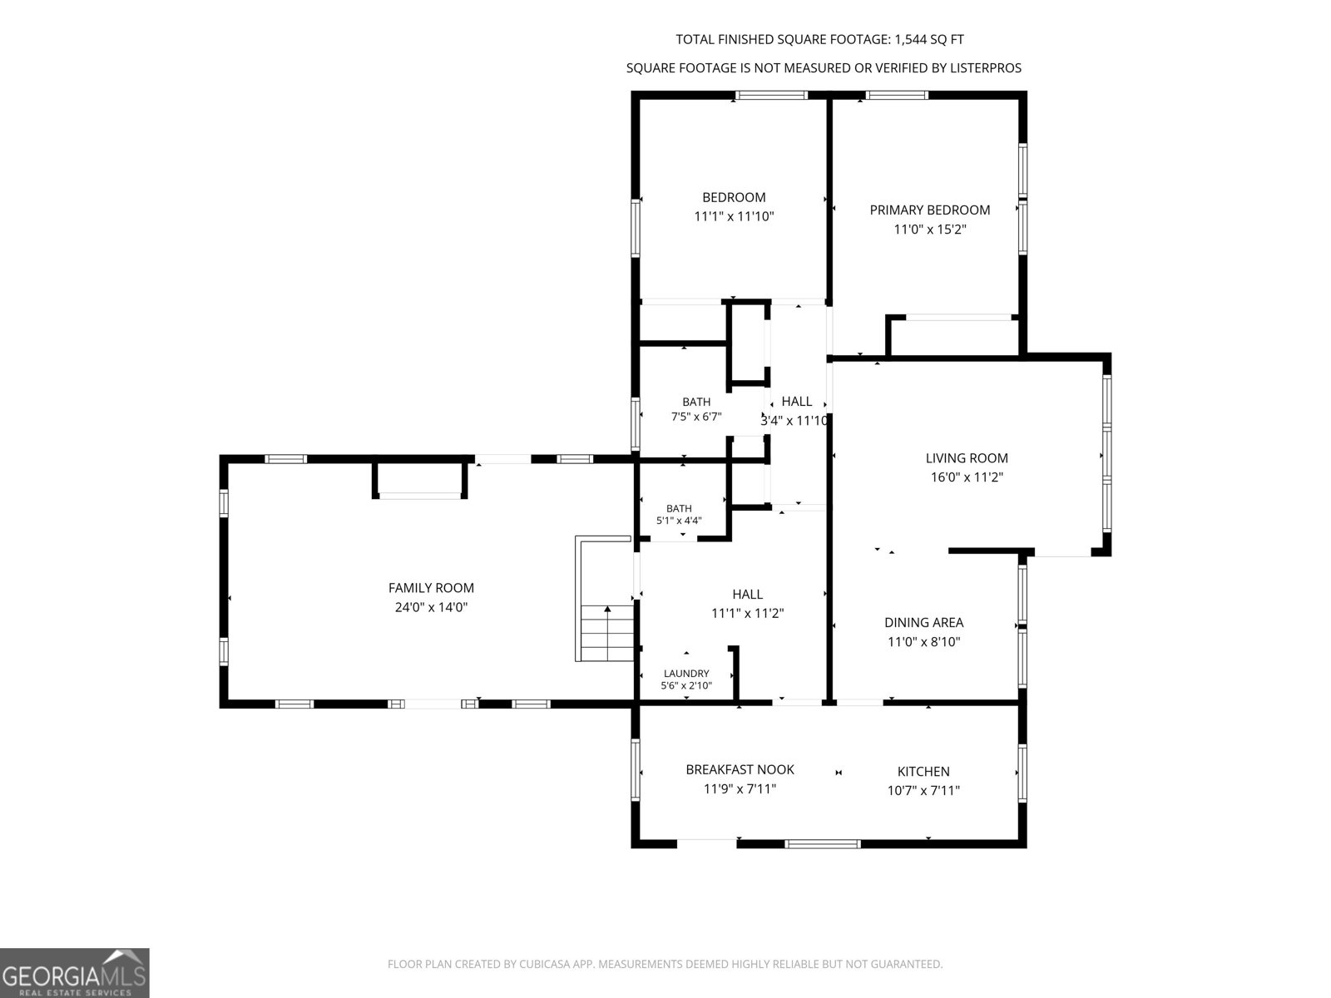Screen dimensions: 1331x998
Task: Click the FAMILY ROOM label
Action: point(431,588)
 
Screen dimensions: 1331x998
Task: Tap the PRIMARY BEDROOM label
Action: point(929,210)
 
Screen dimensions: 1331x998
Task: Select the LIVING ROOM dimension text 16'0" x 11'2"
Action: point(967,477)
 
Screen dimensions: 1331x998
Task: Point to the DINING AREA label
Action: point(923,622)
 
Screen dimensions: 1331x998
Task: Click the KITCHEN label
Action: point(923,772)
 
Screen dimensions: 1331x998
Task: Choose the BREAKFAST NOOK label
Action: point(740,769)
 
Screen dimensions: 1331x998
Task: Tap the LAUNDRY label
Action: point(686,673)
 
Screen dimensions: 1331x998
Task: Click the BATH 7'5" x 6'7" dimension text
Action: point(696,417)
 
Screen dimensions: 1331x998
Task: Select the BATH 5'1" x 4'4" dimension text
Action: point(679,521)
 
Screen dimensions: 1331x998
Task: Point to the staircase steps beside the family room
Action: point(607,632)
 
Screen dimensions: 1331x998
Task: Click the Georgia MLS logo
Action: point(75,972)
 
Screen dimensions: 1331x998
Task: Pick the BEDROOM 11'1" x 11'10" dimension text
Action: point(734,216)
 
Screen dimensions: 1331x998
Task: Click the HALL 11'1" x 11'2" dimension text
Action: point(747,613)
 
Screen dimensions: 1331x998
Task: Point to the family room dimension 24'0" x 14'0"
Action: point(431,607)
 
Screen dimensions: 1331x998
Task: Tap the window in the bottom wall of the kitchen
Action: point(822,843)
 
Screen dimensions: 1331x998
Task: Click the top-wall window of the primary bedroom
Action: point(897,95)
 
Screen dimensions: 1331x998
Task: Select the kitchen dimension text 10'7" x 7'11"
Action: point(923,790)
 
